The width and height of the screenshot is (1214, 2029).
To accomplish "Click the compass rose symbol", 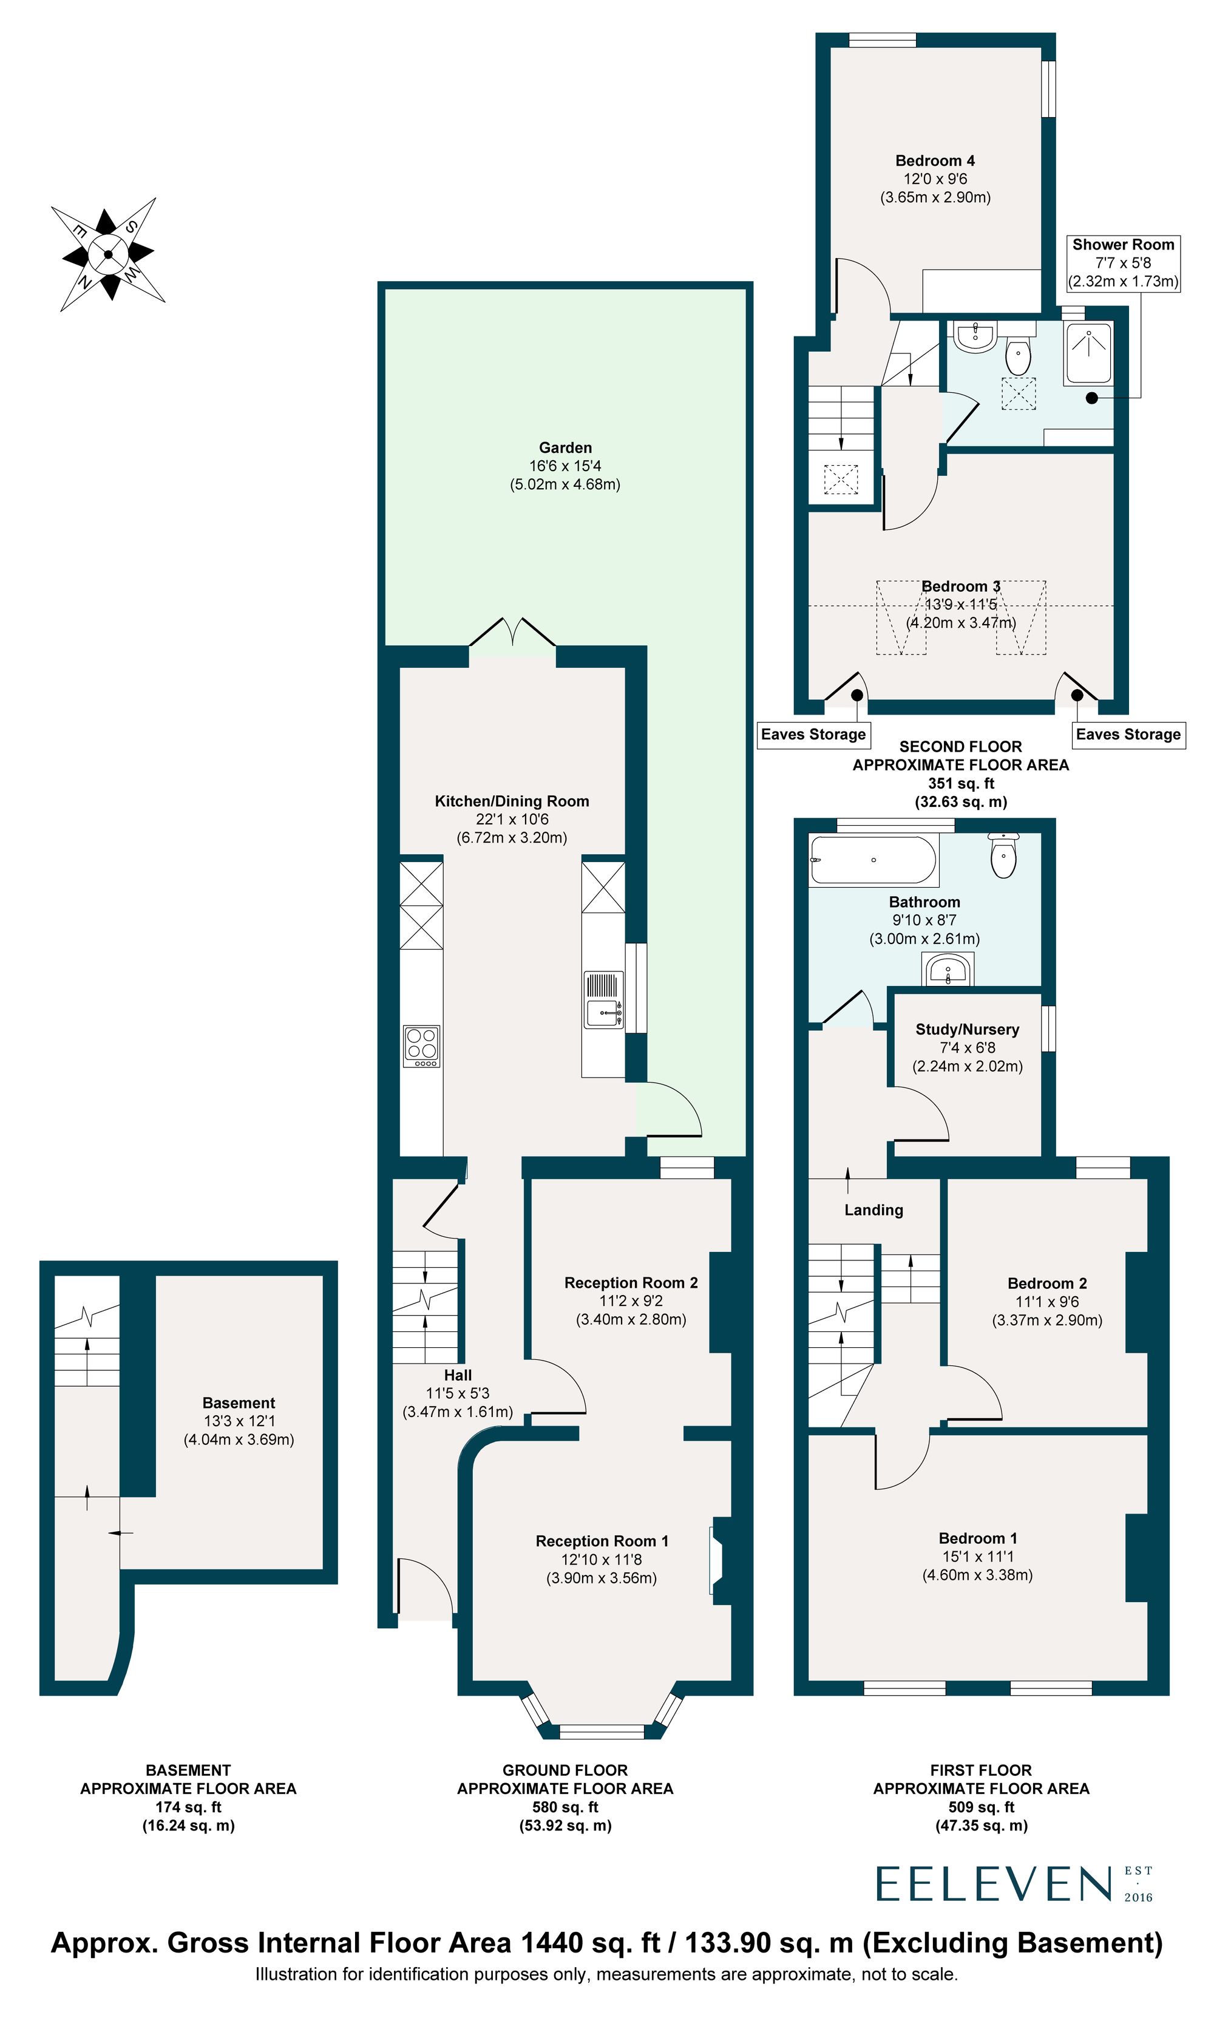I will [108, 254].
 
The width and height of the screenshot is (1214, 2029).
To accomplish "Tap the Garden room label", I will [565, 448].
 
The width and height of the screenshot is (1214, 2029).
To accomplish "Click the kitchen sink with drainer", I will [604, 1000].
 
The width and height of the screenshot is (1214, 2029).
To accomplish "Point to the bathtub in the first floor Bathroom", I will [873, 860].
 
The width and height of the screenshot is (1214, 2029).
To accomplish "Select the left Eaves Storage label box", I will [813, 735].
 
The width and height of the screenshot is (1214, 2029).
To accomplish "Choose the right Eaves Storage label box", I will [1128, 735].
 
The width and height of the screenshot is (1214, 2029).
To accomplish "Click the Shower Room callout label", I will [1123, 263].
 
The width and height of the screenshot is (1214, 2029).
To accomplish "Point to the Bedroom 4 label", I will [935, 161].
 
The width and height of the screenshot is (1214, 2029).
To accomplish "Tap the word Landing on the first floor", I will [873, 1210].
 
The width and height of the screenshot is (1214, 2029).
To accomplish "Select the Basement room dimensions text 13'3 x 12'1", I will [239, 1421].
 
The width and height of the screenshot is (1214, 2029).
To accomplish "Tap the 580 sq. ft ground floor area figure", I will [565, 1807].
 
